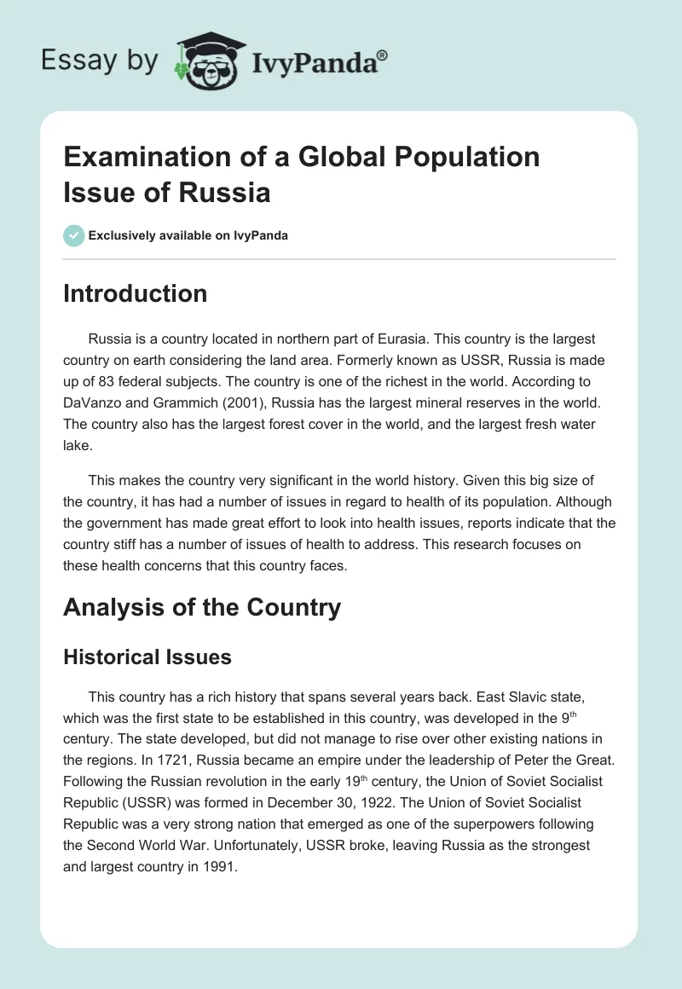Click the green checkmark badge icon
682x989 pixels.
[73, 235]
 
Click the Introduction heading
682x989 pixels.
[135, 294]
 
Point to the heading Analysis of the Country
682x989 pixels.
[201, 608]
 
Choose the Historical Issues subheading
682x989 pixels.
[146, 656]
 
